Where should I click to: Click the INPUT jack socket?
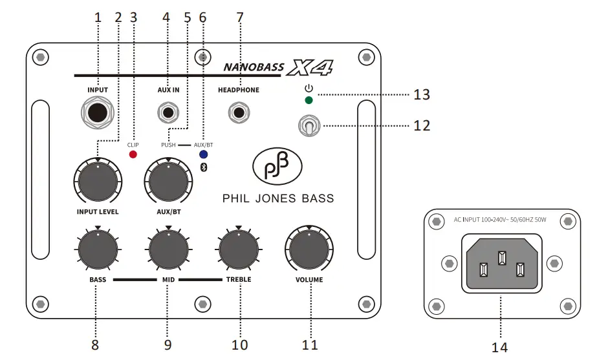tap(98, 113)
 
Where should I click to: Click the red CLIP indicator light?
tap(133, 155)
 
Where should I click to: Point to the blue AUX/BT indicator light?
tap(203, 155)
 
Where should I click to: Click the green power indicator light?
tap(309, 100)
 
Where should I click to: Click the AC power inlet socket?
tap(501, 263)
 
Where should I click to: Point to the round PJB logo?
tap(278, 167)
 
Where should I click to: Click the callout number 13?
tap(422, 95)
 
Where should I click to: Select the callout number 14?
tap(499, 347)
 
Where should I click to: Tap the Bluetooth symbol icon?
tap(202, 168)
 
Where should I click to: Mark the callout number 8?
tap(95, 344)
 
